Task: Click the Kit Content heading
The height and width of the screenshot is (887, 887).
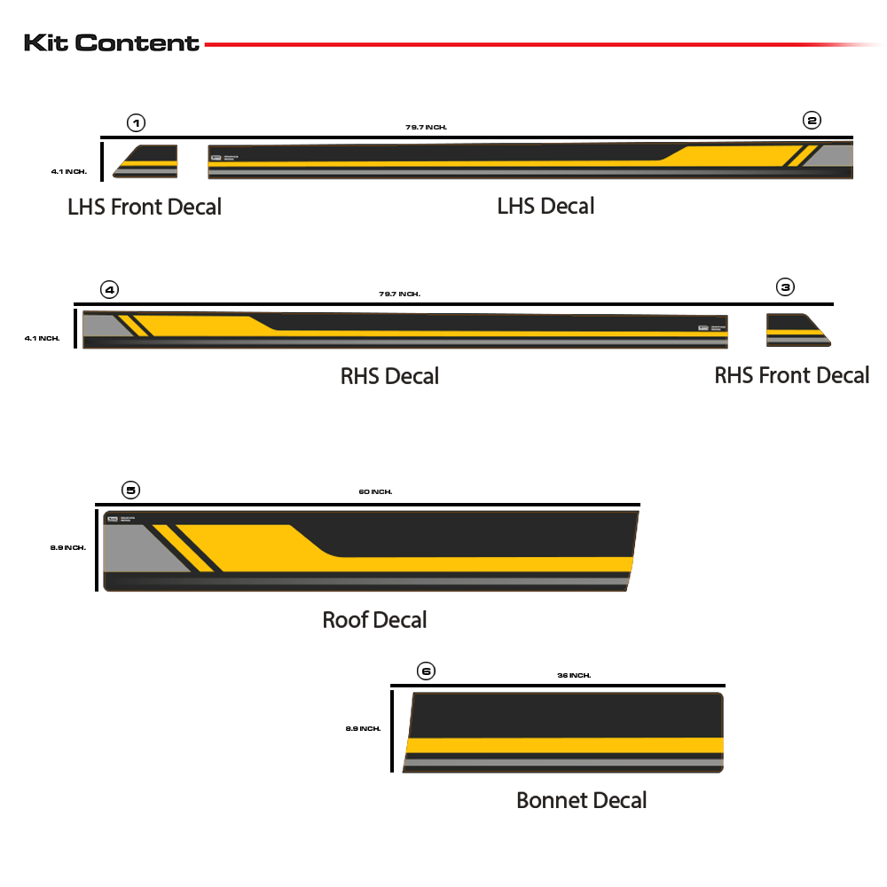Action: click(112, 43)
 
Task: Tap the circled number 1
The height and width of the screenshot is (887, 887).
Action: click(136, 122)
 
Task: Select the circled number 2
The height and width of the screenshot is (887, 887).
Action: click(812, 120)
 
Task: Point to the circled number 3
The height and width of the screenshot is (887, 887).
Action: click(786, 287)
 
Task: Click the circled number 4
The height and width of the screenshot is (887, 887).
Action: click(109, 289)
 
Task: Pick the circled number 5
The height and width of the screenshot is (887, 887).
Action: click(130, 490)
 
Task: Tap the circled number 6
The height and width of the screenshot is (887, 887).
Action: click(426, 671)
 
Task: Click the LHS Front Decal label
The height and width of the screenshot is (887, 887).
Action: click(145, 207)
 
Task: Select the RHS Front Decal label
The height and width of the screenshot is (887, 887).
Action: click(791, 375)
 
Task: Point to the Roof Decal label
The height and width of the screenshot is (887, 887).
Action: click(374, 619)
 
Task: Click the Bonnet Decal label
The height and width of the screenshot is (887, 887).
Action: click(581, 800)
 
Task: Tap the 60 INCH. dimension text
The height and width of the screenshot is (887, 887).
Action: click(375, 491)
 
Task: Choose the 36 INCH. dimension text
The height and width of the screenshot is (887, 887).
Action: click(574, 675)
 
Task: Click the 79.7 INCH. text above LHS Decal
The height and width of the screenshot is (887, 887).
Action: click(426, 128)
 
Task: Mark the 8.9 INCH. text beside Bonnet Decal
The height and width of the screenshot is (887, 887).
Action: click(363, 728)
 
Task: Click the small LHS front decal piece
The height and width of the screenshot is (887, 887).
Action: click(146, 161)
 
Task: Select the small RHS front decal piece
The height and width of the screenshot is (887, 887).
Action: click(797, 329)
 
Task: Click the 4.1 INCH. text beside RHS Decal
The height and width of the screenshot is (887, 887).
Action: click(43, 338)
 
